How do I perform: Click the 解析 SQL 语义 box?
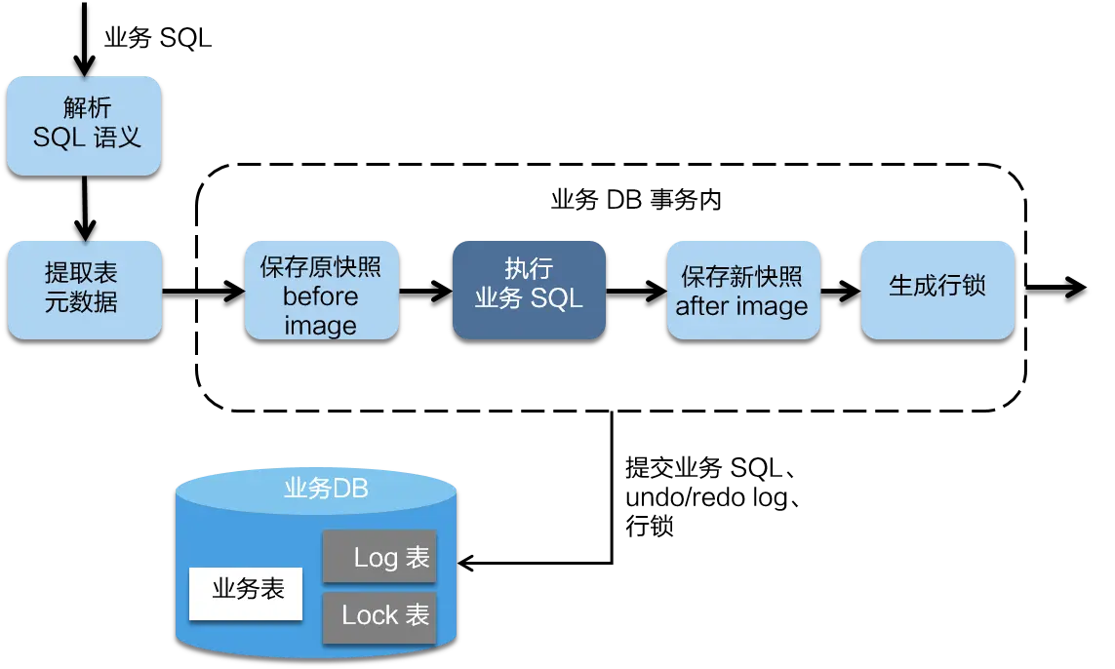[84, 126]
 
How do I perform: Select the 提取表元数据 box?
[84, 290]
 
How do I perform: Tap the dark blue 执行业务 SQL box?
[529, 290]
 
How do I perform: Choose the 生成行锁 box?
[937, 290]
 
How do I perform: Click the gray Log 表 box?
[379, 557]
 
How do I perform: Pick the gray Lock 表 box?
[379, 615]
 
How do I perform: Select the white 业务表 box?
[246, 592]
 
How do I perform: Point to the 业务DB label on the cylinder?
[326, 489]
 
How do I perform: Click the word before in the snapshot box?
[320, 296]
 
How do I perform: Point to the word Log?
[377, 558]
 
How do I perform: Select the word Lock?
[371, 615]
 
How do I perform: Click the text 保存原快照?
[321, 268]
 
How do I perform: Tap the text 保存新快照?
[742, 277]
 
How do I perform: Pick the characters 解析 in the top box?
[87, 108]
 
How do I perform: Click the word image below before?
[320, 326]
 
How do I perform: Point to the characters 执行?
[529, 269]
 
